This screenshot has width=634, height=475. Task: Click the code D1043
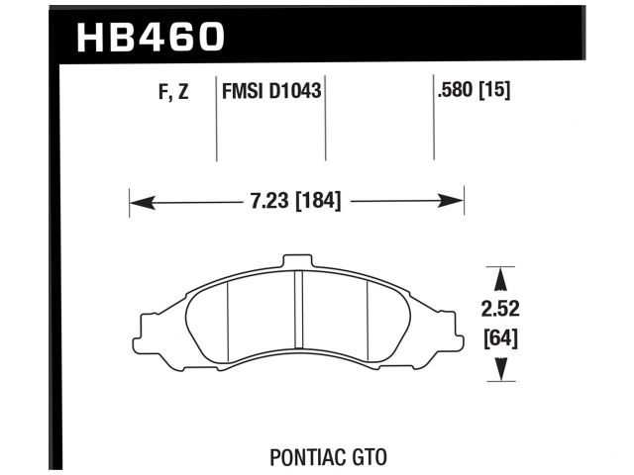(298, 95)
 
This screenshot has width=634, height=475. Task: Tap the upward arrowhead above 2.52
(502, 278)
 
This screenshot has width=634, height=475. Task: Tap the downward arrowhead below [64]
(502, 369)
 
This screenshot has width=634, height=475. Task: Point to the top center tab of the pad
(297, 260)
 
